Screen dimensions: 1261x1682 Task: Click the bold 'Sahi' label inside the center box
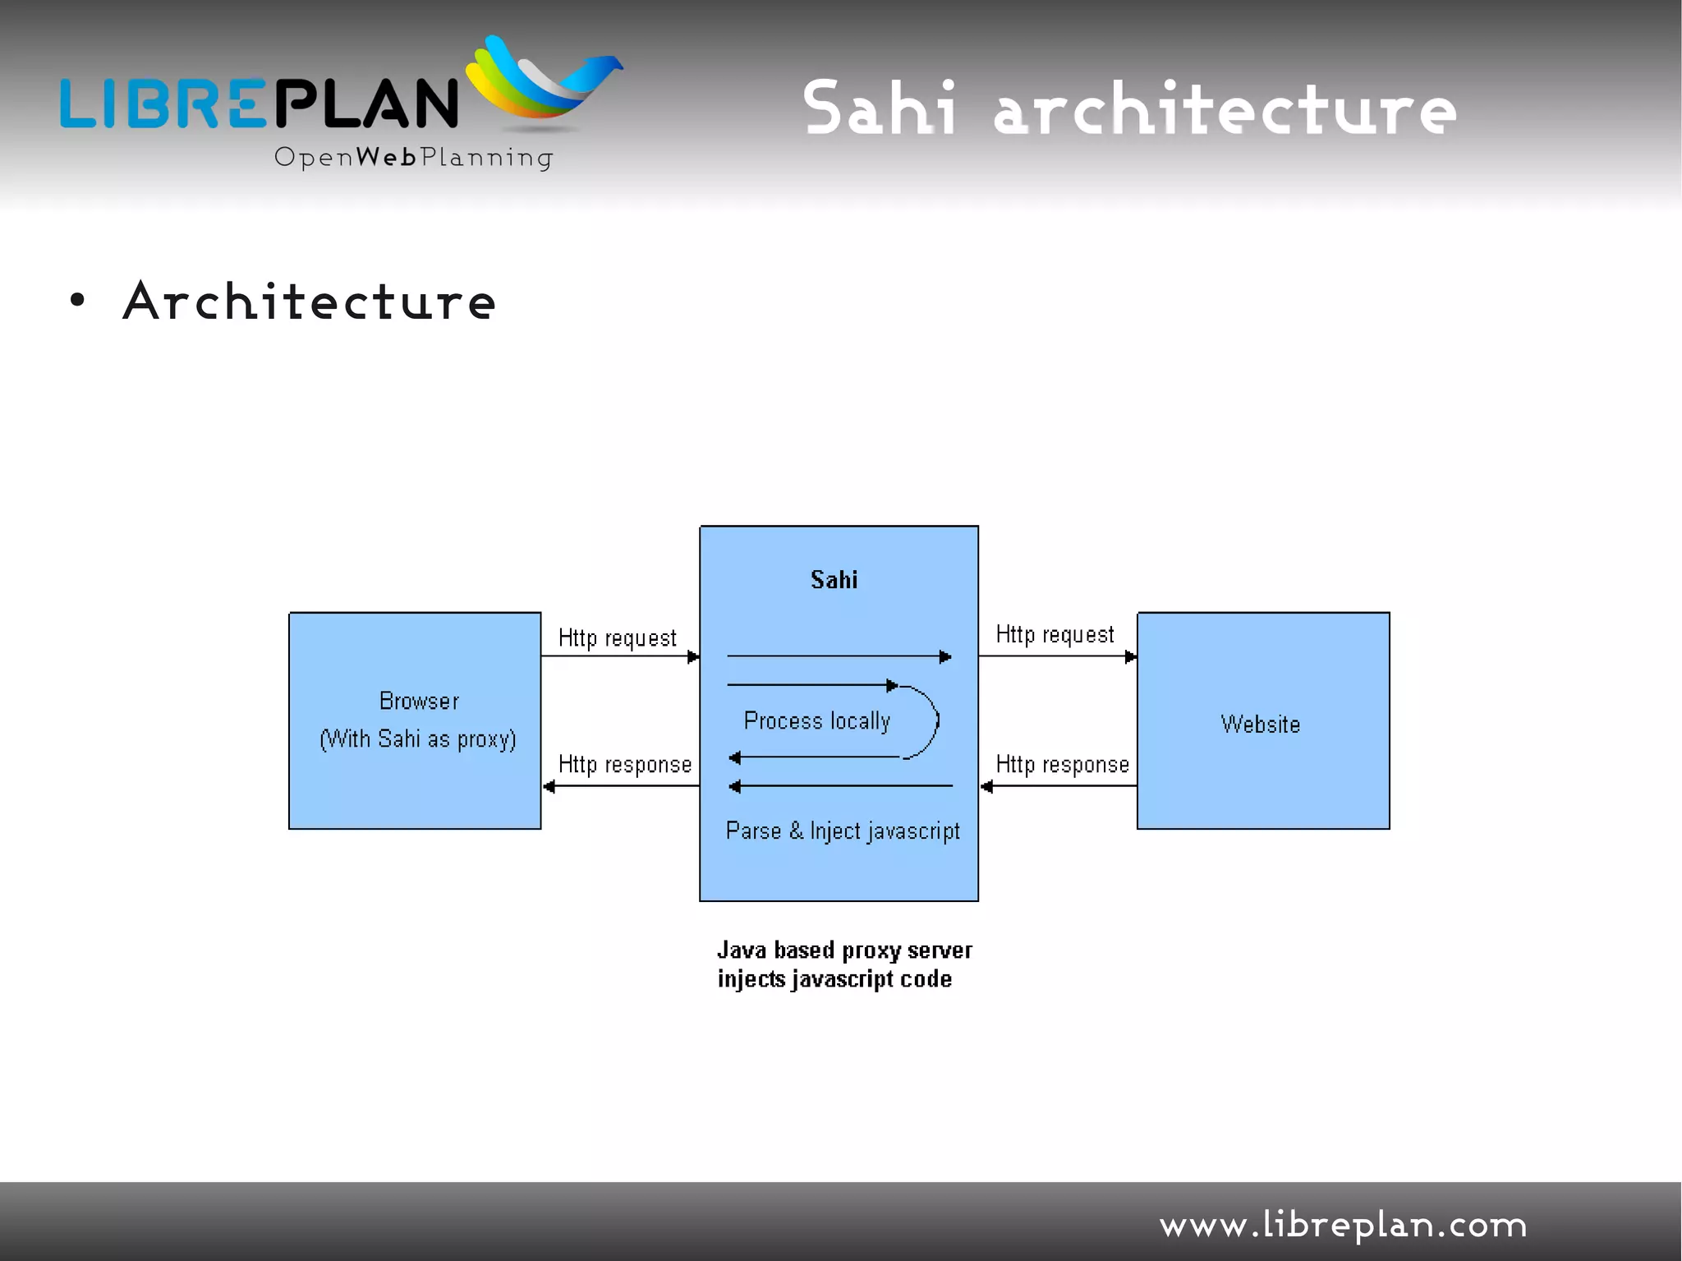pos(834,580)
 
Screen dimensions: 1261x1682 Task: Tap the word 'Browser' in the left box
pos(419,701)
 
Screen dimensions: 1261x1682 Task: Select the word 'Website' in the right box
pos(1260,725)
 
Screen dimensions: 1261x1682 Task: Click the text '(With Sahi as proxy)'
pos(418,739)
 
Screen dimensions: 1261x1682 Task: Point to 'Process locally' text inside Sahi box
pos(816,721)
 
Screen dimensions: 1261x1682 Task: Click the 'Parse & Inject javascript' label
pos(842,831)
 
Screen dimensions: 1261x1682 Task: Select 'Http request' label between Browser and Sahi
pos(617,638)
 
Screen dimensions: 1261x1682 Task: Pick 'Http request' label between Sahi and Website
pos(1055,635)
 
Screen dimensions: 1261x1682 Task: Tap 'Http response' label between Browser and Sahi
pos(624,765)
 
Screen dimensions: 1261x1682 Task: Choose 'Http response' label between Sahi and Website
pos(1062,765)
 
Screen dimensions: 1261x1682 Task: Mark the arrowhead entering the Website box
pos(1130,656)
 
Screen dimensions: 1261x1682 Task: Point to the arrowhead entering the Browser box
pos(549,787)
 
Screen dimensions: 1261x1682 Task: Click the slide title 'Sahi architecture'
pos(1129,108)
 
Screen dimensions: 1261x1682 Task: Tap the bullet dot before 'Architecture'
pos(77,301)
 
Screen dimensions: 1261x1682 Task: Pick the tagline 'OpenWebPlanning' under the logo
pos(413,157)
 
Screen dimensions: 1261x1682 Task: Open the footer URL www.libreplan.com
pos(1343,1225)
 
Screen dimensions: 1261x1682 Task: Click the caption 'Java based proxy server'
pos(843,950)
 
